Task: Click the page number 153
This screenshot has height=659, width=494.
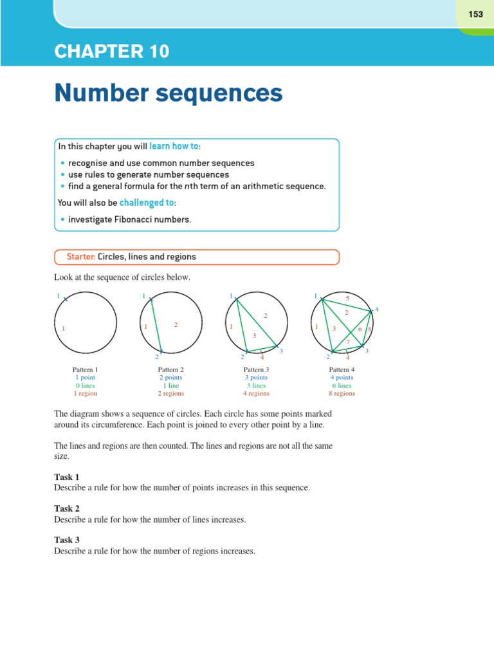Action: coord(475,14)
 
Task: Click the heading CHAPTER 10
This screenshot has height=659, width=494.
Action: coord(112,52)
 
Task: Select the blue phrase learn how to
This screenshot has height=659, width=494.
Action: coord(174,147)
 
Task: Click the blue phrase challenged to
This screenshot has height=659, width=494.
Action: coord(147,203)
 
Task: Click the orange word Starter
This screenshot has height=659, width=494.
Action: coord(81,257)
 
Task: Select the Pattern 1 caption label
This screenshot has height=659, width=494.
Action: coord(85,369)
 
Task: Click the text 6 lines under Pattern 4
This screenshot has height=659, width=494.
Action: coord(342,385)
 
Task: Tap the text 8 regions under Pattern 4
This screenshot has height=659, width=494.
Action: coord(342,393)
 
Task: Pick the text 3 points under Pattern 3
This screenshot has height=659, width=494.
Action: coord(256,378)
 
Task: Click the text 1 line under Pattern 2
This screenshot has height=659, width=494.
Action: coord(170,385)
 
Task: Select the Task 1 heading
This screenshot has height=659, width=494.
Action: coord(67,478)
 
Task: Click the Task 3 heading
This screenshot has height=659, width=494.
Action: coord(67,540)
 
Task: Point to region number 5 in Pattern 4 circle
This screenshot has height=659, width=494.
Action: coord(347,299)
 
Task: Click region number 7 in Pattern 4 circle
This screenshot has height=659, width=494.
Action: coord(348,341)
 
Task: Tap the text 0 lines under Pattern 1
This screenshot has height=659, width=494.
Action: coord(85,385)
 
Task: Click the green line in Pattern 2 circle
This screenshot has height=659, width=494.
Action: coord(156,325)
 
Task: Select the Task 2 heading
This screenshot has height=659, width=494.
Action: coord(67,508)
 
